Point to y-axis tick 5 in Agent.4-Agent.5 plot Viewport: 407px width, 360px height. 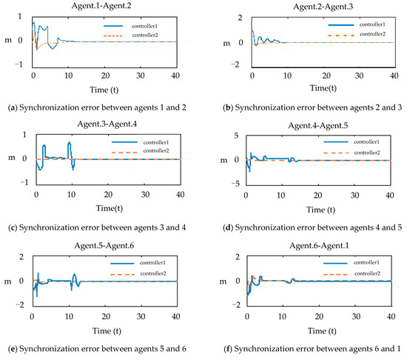[241, 136]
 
